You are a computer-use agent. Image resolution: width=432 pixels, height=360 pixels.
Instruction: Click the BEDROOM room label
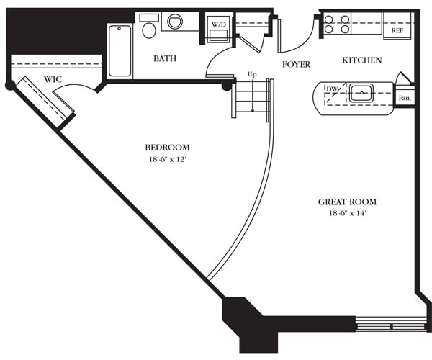(x=166, y=148)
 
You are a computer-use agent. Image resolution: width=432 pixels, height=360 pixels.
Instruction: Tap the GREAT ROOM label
(x=347, y=202)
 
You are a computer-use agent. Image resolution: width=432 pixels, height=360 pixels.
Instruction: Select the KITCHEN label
(x=361, y=60)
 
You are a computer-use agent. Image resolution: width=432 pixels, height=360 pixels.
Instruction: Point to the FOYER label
(x=296, y=65)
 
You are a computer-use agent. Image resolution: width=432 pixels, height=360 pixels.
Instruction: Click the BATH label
(x=165, y=59)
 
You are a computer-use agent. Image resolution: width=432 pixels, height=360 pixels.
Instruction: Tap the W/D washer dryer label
(x=218, y=24)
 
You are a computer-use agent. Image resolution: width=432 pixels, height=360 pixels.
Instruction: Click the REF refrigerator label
(x=397, y=31)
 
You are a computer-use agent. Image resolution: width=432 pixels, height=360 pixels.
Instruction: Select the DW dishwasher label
(x=332, y=89)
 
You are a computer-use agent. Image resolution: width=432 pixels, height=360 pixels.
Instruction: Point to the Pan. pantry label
(x=405, y=96)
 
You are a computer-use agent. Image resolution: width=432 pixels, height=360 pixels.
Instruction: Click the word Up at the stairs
(x=252, y=74)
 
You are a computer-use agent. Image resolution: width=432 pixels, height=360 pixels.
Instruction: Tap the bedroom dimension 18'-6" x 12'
(x=166, y=159)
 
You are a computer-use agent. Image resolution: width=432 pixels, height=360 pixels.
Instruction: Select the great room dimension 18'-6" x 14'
(x=347, y=214)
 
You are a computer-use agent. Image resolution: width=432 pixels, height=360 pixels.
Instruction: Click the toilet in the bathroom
(x=149, y=29)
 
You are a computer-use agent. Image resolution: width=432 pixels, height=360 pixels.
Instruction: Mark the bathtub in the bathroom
(x=120, y=50)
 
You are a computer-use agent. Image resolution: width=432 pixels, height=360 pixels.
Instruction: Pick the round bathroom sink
(x=175, y=22)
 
